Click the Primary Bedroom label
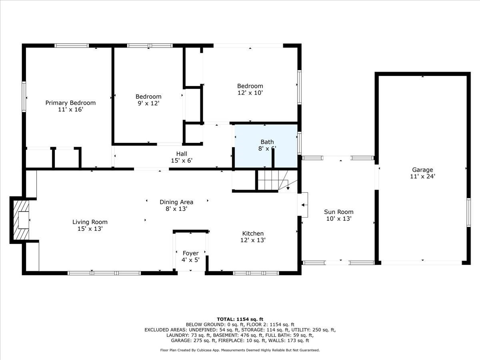point(70,103)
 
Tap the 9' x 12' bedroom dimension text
point(148,103)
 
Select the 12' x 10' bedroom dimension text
point(250,93)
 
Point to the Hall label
point(182,154)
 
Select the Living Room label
point(90,222)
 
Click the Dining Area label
point(176,202)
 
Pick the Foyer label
point(191,253)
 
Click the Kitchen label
point(253,234)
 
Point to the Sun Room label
point(338,212)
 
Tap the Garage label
point(422,170)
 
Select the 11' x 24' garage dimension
point(422,176)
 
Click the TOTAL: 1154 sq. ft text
point(240,319)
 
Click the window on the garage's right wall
point(468,212)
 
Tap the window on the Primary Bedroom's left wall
point(24,97)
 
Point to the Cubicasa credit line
point(240,350)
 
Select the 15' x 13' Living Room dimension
point(90,229)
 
